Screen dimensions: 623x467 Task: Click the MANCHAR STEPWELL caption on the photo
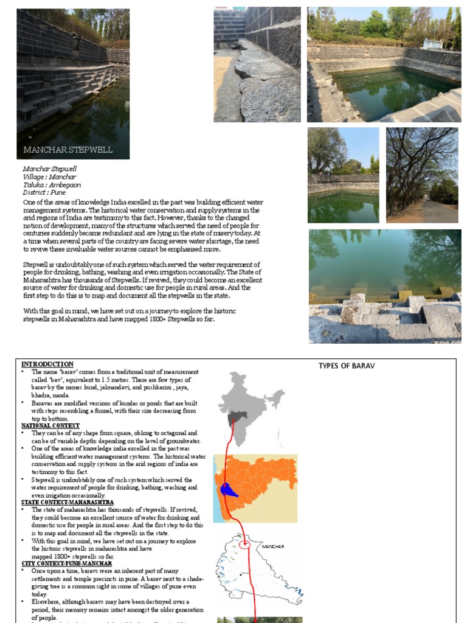[x=67, y=150]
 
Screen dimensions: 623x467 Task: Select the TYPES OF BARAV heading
[x=347, y=366]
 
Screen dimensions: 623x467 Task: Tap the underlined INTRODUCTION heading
[x=47, y=364]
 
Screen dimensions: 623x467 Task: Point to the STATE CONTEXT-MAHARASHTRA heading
[x=67, y=503]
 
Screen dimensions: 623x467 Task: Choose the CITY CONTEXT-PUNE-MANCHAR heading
[x=66, y=564]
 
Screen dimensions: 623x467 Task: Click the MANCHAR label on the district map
[x=272, y=547]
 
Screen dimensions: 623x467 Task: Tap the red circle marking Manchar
[x=244, y=545]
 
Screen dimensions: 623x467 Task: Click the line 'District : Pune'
[x=44, y=192]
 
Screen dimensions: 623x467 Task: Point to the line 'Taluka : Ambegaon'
[x=52, y=184]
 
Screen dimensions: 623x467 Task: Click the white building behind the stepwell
[x=432, y=44]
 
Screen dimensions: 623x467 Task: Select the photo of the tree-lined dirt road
[x=422, y=175]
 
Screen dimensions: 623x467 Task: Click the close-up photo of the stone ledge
[x=257, y=64]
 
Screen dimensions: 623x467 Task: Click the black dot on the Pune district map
[x=241, y=574]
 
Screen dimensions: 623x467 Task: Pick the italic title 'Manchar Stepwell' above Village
[x=50, y=169]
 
